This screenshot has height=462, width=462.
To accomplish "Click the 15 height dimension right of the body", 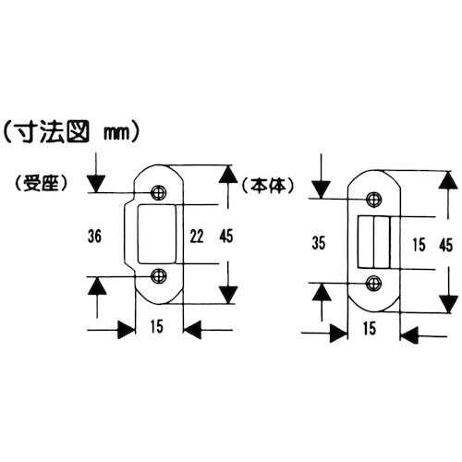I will click(x=419, y=244).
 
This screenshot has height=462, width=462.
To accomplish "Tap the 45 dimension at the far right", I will click(x=445, y=244).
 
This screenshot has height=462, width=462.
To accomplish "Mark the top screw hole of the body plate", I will click(x=374, y=199).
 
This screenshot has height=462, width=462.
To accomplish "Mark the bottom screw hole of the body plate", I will click(x=374, y=283).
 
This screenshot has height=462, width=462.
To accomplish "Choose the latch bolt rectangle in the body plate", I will click(x=376, y=241).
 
